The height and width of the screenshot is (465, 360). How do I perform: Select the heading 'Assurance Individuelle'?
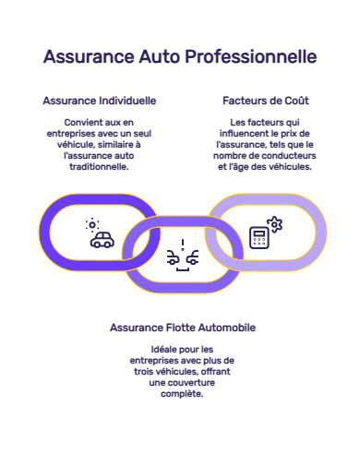click(99, 100)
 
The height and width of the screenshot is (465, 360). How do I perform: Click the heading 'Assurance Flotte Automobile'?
click(183, 328)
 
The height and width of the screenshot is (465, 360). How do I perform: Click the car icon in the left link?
click(102, 240)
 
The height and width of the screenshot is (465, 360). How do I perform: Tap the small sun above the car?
click(91, 224)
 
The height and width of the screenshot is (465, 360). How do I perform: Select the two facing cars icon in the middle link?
click(183, 258)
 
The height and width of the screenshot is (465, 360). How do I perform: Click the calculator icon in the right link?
click(259, 236)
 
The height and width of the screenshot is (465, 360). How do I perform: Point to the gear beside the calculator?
click(274, 223)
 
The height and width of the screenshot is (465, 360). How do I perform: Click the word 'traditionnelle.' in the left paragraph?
click(99, 168)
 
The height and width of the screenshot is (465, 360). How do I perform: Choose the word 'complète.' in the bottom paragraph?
click(183, 393)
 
